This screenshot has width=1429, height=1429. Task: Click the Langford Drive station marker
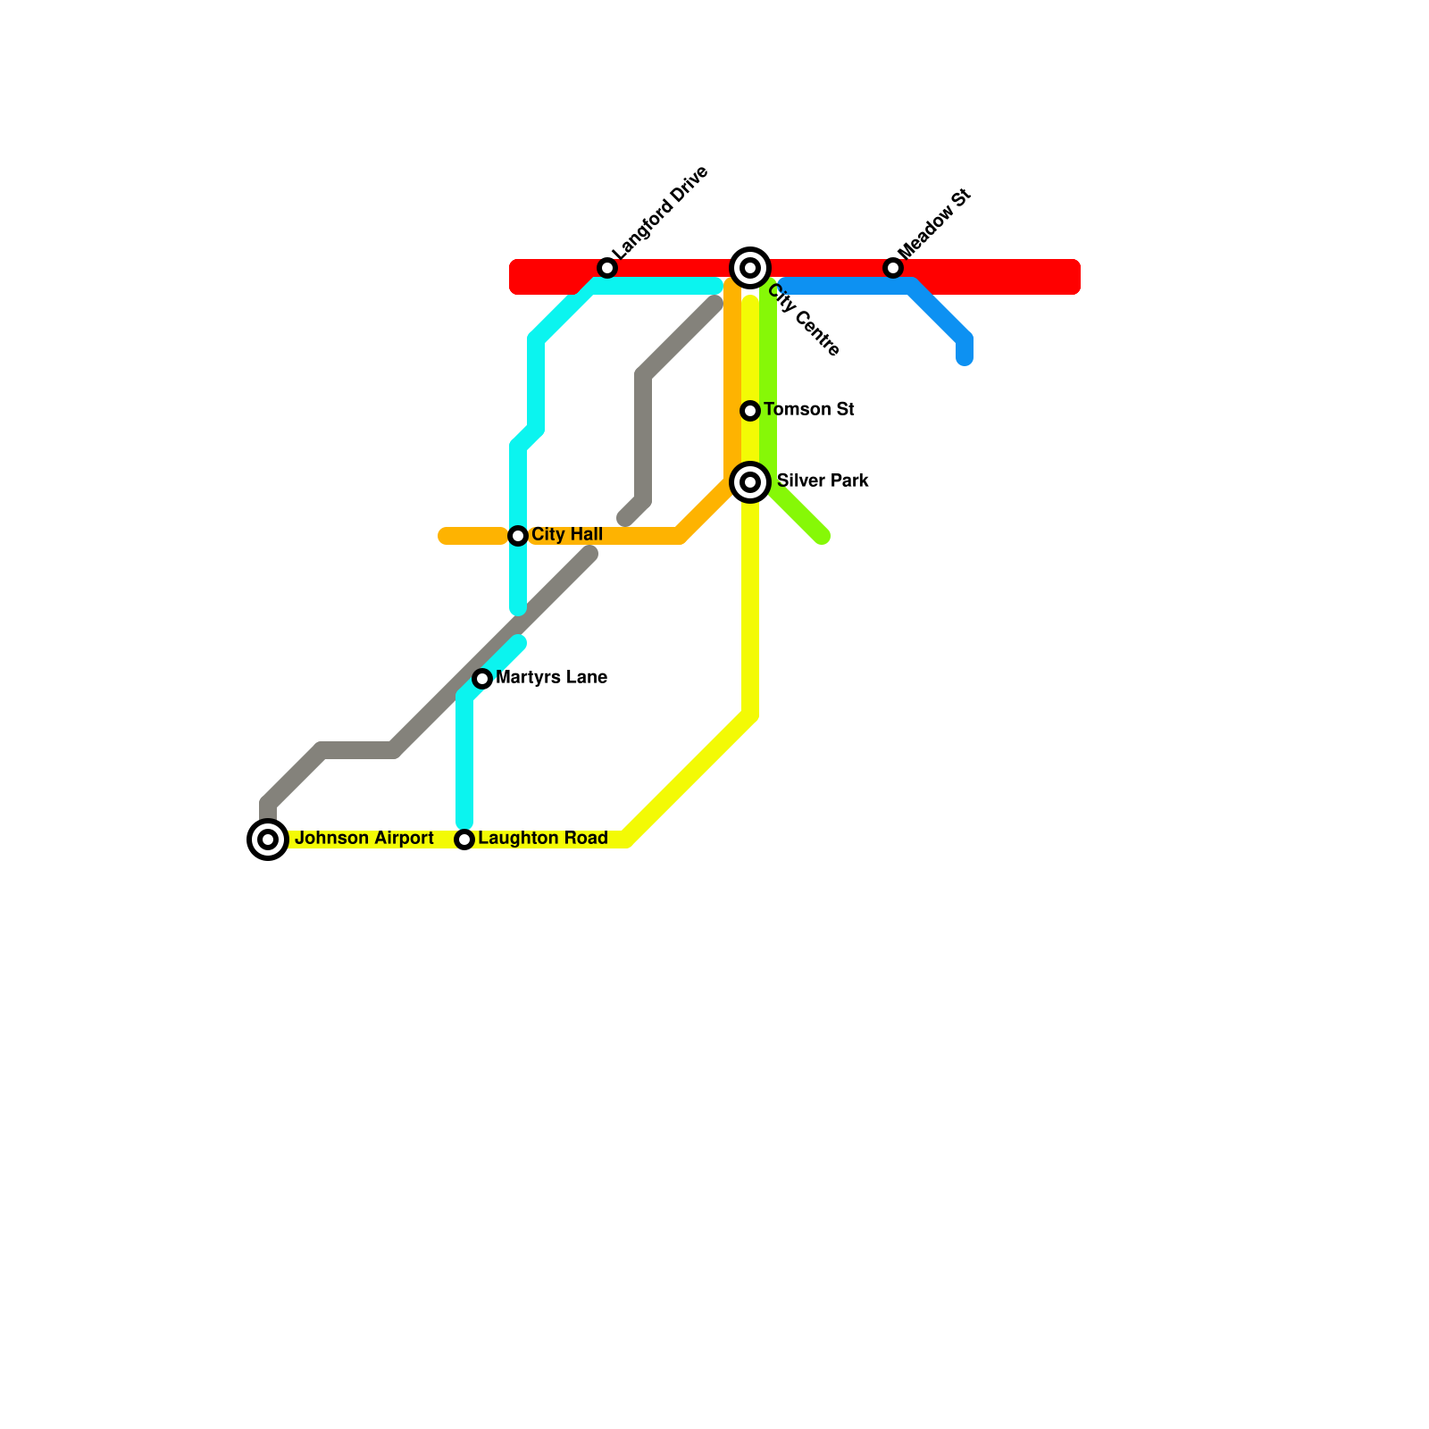pos(607,268)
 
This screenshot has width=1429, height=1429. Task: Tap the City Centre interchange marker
pos(750,267)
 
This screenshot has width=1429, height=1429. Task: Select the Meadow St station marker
pos(893,268)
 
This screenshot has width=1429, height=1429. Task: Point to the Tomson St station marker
pos(750,411)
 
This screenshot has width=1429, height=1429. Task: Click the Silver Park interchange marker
pos(750,482)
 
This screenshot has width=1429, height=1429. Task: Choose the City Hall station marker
pos(518,536)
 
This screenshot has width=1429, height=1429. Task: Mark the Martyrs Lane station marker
pos(482,679)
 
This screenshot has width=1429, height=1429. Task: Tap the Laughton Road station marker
pos(464,840)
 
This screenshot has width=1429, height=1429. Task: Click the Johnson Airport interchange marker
pos(268,840)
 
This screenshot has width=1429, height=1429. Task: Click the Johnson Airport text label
pos(364,839)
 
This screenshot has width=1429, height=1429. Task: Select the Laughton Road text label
pos(543,839)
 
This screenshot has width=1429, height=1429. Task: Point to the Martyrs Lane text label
pos(551,678)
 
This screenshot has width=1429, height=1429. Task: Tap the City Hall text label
pos(567,535)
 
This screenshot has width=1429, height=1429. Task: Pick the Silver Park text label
pos(823,481)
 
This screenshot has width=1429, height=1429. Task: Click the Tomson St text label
pos(809,410)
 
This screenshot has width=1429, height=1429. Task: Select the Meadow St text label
pos(933,222)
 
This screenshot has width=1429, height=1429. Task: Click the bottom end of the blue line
pos(965,359)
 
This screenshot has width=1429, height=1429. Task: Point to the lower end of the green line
pos(823,537)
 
